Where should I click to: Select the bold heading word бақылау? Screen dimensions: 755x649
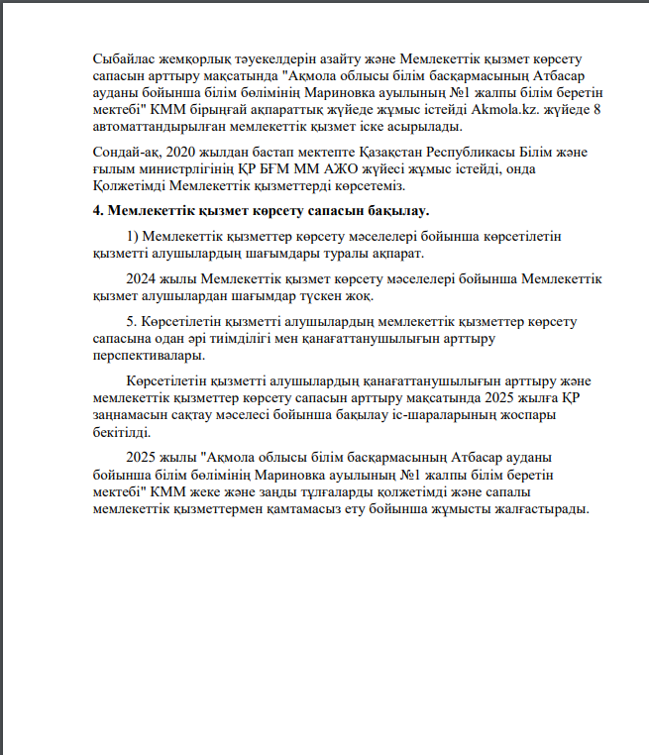coord(397,211)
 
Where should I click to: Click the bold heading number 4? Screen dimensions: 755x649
coord(97,211)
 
